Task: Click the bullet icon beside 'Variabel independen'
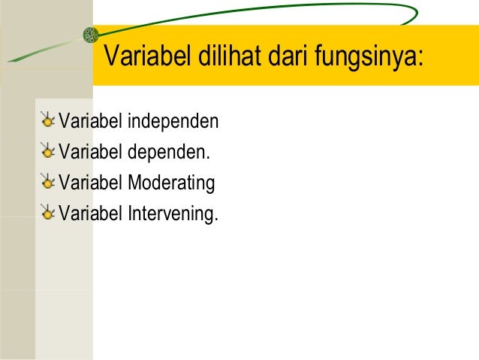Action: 48,120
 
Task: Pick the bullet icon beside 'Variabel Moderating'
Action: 48,183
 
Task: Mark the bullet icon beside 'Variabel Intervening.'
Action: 48,214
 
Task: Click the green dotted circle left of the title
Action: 90,35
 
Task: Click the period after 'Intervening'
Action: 216,220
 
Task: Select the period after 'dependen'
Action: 209,157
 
